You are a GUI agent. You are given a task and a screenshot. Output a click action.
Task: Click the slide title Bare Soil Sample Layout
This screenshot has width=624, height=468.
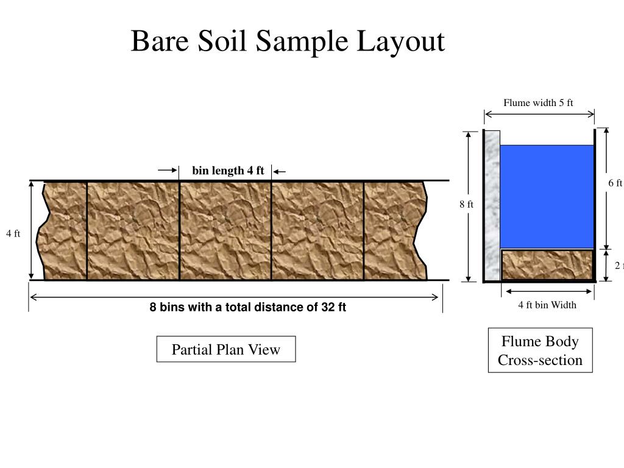288,41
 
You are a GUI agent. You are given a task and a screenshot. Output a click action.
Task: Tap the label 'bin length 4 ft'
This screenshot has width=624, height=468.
228,171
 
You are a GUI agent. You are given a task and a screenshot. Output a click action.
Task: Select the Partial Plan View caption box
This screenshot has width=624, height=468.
226,349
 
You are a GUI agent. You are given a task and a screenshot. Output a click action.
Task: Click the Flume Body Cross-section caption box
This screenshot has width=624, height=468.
540,350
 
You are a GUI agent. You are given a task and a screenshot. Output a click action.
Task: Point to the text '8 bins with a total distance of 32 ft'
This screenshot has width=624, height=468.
248,307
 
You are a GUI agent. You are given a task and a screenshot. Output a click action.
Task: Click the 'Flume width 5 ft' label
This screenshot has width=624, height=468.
538,102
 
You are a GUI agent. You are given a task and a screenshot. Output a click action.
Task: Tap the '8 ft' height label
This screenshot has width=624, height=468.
466,204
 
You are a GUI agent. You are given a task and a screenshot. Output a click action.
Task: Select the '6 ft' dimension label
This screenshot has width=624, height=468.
615,183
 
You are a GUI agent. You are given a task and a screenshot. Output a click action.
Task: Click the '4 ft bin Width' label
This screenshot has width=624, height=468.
547,305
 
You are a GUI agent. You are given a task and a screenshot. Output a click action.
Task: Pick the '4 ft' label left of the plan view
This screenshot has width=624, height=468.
13,233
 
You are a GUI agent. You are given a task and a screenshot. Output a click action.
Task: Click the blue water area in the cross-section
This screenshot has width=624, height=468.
547,196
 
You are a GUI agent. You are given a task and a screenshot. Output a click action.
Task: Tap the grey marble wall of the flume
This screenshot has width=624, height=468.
492,204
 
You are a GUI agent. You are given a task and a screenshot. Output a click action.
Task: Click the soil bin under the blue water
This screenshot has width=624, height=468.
547,264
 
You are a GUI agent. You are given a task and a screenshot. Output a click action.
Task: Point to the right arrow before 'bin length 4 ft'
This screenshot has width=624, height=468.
168,171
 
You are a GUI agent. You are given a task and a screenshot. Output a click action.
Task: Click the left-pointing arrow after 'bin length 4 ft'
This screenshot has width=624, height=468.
279,171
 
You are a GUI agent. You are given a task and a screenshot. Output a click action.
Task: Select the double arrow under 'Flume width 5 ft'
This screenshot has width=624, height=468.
539,113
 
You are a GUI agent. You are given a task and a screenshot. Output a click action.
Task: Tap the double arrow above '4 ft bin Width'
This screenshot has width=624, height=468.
547,291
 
